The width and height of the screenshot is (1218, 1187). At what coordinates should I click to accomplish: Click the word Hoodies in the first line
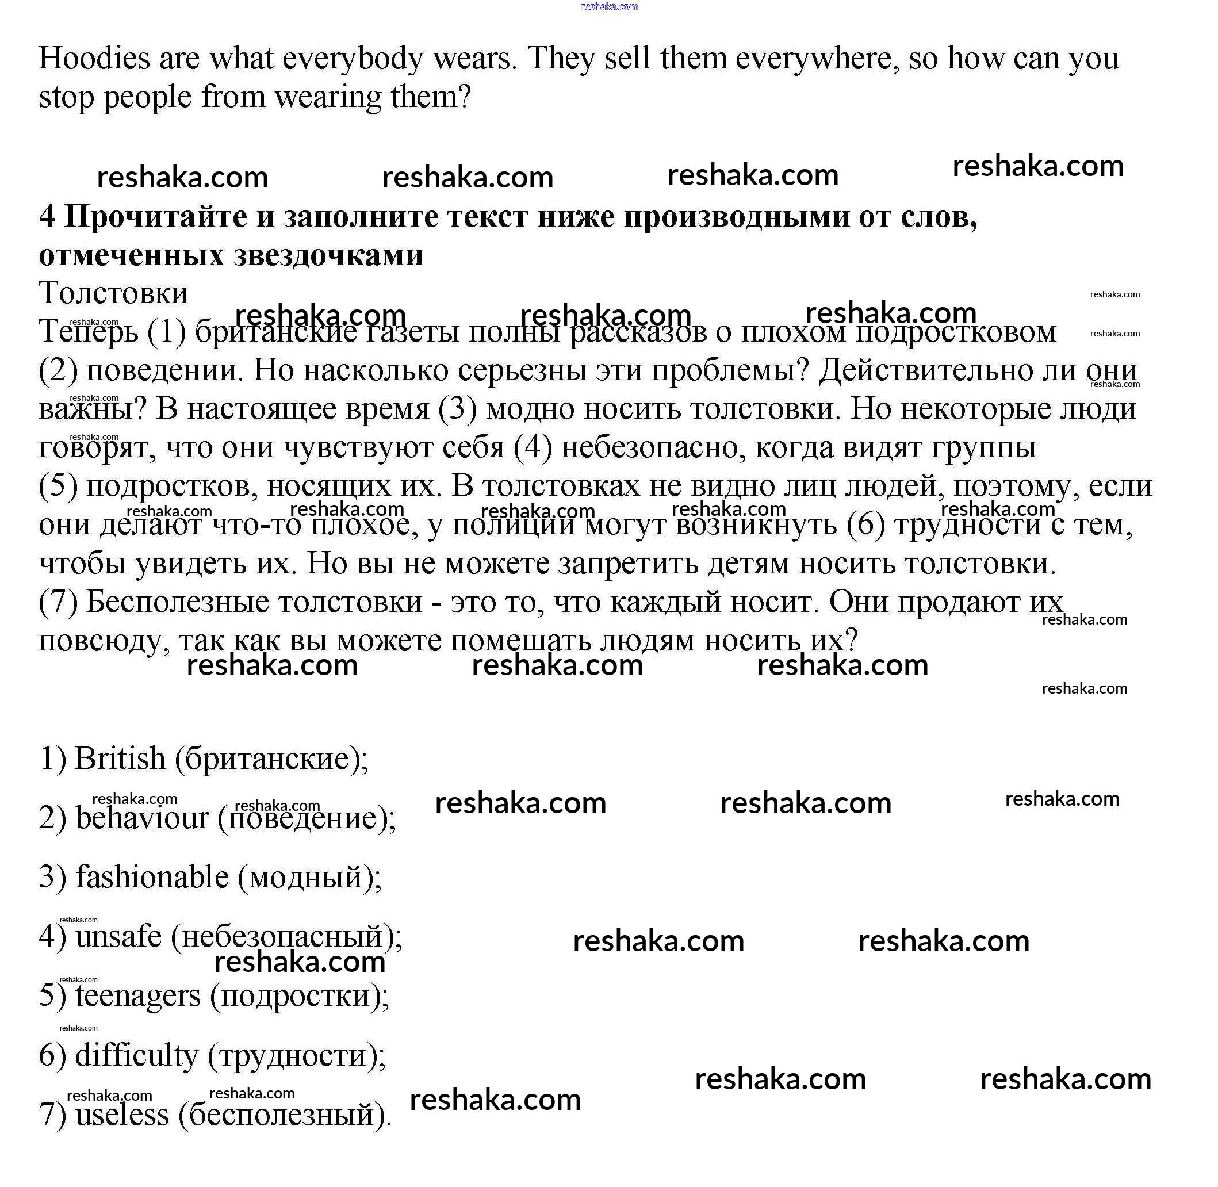pos(95,59)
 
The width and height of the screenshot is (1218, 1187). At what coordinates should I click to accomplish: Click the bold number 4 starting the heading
pos(47,217)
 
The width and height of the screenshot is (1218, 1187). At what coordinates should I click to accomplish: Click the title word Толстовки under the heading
pos(113,293)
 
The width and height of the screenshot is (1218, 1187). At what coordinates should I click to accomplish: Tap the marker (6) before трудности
pos(867,524)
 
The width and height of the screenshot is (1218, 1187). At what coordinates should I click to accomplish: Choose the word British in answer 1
pos(120,759)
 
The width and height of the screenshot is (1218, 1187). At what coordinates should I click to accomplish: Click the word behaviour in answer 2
pos(142,818)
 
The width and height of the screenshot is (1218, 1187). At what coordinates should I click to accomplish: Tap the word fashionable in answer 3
pos(152,877)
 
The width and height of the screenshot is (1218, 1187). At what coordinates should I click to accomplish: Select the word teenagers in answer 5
pos(138,995)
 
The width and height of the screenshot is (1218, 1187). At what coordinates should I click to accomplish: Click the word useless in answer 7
pos(122,1115)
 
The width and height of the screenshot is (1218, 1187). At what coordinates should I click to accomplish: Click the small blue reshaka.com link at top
pos(609,6)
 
